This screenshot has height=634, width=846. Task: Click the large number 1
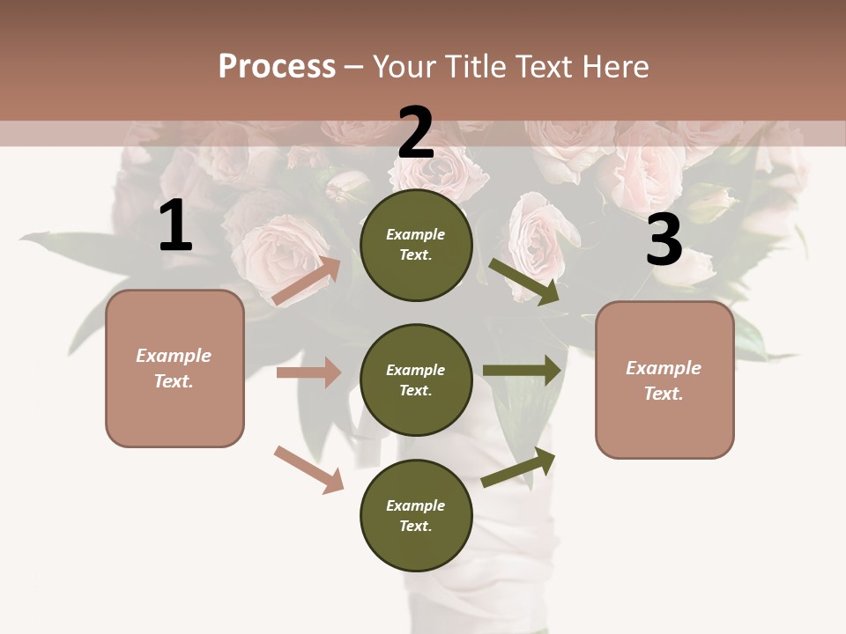pyautogui.click(x=175, y=226)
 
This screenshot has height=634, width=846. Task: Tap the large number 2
pyautogui.click(x=416, y=133)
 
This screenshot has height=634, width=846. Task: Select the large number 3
pyautogui.click(x=664, y=240)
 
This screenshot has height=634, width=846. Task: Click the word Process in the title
pyautogui.click(x=277, y=66)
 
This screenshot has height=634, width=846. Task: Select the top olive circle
pyautogui.click(x=416, y=245)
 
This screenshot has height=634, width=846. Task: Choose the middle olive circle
pyautogui.click(x=416, y=380)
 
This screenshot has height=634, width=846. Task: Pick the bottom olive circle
pyautogui.click(x=416, y=515)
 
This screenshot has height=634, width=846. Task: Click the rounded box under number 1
pyautogui.click(x=174, y=368)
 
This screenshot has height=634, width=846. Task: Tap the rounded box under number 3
pyautogui.click(x=664, y=380)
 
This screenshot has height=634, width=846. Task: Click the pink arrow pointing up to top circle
pyautogui.click(x=307, y=281)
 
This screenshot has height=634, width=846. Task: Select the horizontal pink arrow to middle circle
pyautogui.click(x=308, y=372)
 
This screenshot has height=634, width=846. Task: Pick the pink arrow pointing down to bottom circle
pyautogui.click(x=308, y=469)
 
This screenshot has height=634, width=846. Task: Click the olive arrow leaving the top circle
pyautogui.click(x=524, y=281)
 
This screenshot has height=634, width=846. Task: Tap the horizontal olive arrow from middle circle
pyautogui.click(x=522, y=371)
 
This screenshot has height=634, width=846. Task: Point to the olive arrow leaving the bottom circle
pyautogui.click(x=518, y=468)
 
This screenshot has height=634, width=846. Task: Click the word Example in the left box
pyautogui.click(x=174, y=356)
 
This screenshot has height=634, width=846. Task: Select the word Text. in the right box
pyautogui.click(x=664, y=394)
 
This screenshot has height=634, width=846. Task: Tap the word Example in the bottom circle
pyautogui.click(x=416, y=505)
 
